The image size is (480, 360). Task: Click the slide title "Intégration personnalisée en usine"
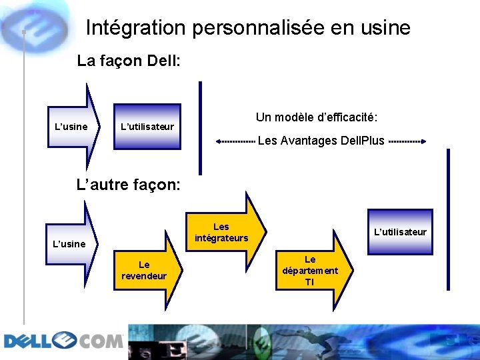click(248, 28)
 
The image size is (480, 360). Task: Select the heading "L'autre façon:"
click(129, 184)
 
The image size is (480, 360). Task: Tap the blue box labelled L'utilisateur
click(147, 126)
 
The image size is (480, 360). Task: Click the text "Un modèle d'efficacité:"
click(317, 117)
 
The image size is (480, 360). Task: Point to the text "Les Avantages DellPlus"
click(321, 141)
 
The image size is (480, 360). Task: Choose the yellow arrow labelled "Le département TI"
click(310, 270)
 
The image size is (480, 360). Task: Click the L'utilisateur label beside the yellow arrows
click(400, 232)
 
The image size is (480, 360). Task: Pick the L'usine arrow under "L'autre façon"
click(70, 243)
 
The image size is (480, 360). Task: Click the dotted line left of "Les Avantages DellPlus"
click(235, 141)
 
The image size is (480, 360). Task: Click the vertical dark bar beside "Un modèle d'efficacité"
click(200, 127)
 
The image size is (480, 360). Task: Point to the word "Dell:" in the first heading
click(163, 61)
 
